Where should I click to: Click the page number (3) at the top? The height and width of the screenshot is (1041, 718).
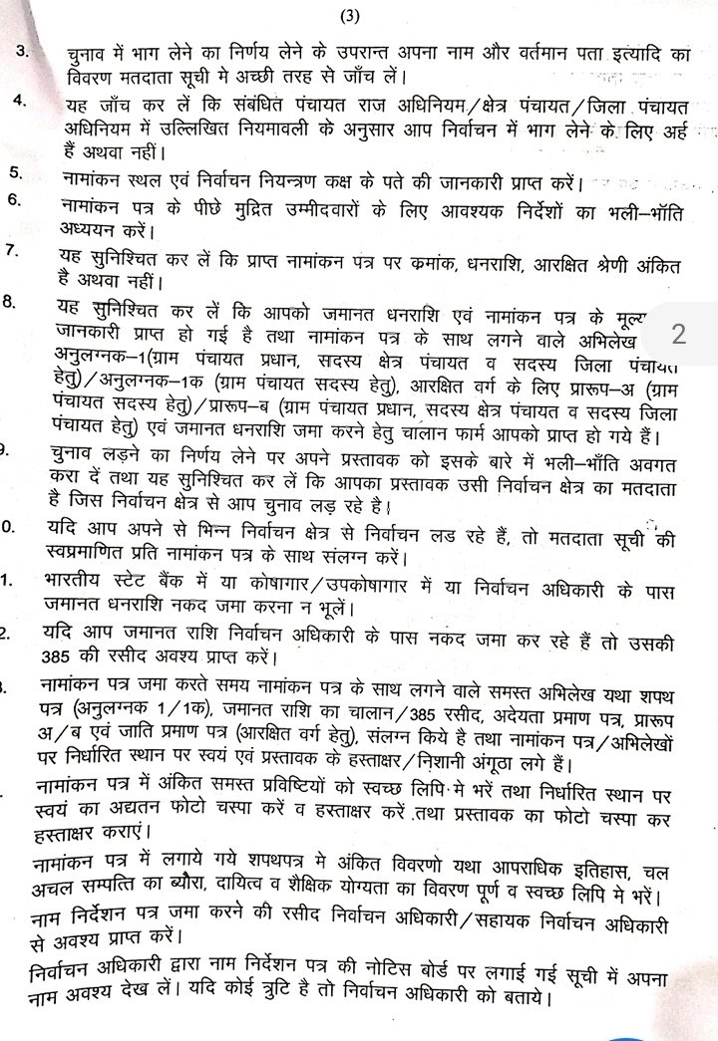tap(349, 16)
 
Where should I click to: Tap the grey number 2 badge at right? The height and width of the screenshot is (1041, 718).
tap(678, 333)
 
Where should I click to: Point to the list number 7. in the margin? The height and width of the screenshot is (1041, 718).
tap(14, 250)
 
